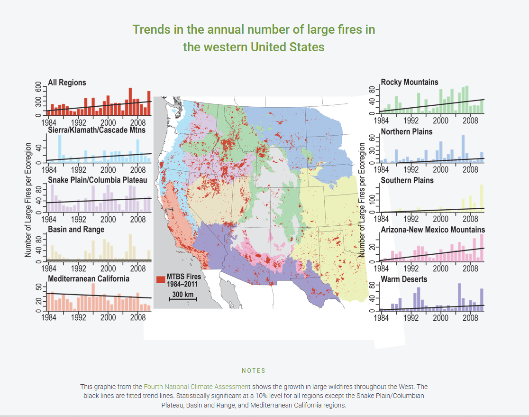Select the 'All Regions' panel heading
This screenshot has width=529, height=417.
tap(67, 83)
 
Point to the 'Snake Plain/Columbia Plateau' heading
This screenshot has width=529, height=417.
tap(97, 180)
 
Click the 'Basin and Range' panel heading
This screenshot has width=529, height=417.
tap(76, 229)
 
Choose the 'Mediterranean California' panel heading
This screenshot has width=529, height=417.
tap(89, 278)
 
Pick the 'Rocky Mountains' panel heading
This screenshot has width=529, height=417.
tap(410, 82)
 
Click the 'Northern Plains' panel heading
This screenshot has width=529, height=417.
tap(407, 131)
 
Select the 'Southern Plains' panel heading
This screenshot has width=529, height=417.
tap(407, 180)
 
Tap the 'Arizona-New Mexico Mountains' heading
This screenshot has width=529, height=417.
tap(433, 230)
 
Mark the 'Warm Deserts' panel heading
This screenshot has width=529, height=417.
tap(404, 279)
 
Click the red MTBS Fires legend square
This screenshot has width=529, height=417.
tap(160, 280)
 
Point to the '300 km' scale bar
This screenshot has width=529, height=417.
tap(182, 296)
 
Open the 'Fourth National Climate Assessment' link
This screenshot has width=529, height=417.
tap(197, 387)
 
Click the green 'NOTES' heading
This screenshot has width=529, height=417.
tap(254, 371)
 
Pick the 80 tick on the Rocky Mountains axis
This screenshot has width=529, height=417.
tap(372, 90)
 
